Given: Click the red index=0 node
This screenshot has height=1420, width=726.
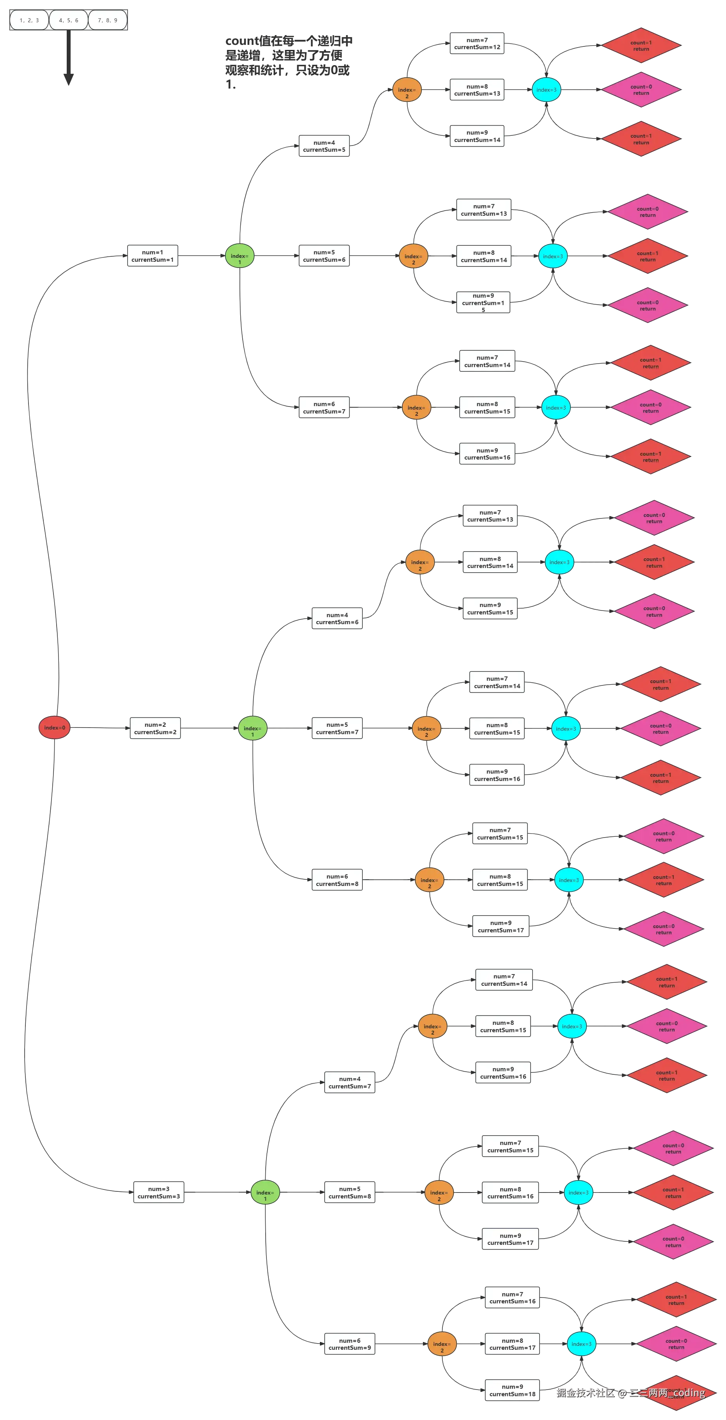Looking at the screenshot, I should click(x=54, y=728).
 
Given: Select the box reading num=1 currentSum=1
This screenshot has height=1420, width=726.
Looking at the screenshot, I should click(x=153, y=256).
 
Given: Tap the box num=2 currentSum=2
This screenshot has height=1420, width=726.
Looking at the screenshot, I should click(x=155, y=728).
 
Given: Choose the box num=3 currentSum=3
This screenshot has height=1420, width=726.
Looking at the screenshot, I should click(x=159, y=1192).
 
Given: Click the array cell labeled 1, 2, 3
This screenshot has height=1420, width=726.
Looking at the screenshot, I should click(x=29, y=20).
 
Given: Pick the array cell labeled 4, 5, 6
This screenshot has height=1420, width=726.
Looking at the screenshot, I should click(x=68, y=20).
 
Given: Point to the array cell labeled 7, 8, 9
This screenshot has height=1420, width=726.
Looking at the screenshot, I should click(x=108, y=20).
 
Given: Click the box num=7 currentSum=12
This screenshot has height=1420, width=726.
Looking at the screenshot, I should click(x=477, y=44).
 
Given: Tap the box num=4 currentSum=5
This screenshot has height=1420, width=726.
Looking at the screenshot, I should click(x=323, y=146).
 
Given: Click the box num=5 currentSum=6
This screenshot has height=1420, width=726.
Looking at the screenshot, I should click(x=323, y=256).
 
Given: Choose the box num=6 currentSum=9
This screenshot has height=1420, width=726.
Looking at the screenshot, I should click(x=350, y=1344).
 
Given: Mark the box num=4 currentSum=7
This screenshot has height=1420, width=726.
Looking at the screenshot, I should click(x=350, y=1082).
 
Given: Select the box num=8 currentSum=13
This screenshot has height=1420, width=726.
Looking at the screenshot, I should click(x=477, y=90).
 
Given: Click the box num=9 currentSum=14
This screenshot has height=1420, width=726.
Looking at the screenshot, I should click(x=477, y=136).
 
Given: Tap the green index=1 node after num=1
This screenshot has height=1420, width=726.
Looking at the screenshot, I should click(x=239, y=256).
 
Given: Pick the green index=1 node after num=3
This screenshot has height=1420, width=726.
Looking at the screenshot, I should click(x=264, y=1192).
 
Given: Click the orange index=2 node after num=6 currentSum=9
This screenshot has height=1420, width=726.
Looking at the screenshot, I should click(x=442, y=1344).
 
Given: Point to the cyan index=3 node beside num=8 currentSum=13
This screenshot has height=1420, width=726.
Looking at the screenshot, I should click(x=546, y=90).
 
